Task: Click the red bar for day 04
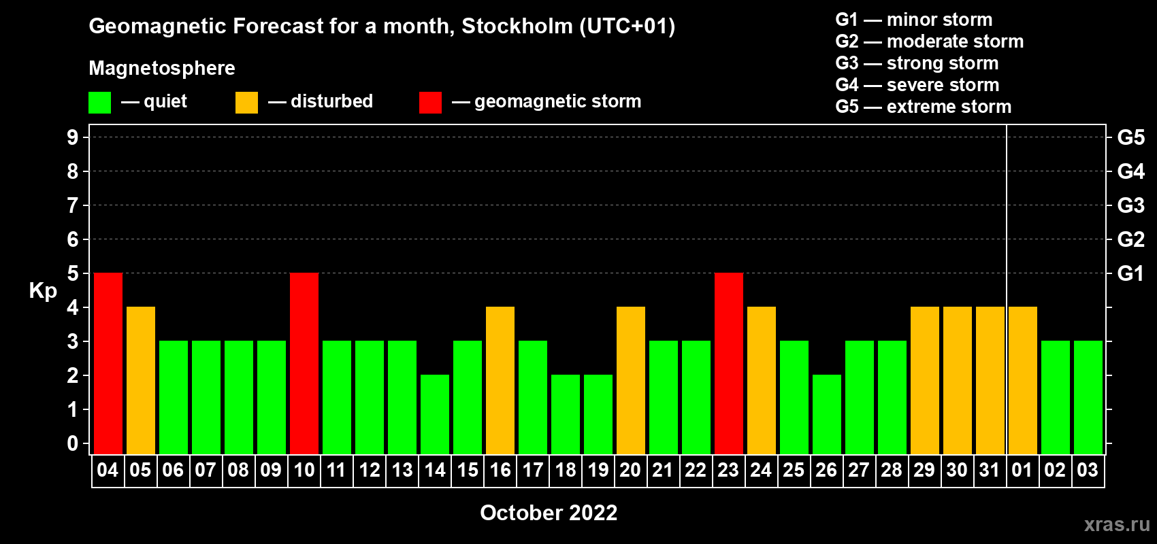point(108,363)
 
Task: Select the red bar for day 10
point(304,363)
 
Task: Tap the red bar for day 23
point(729,363)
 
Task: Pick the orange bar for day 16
point(500,380)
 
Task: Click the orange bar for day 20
point(631,380)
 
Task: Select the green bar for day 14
point(435,414)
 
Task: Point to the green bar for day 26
point(827,414)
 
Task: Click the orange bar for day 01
point(1023,380)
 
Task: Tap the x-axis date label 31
point(990,470)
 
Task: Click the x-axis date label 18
point(566,470)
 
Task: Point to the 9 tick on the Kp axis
point(72,137)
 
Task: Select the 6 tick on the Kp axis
point(72,239)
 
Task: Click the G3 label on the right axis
point(1131,205)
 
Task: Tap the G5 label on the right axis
point(1131,137)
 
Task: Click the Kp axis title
point(43,291)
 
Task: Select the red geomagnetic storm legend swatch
point(431,102)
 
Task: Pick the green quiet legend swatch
point(99,102)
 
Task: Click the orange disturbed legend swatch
point(246,102)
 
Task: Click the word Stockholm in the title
point(517,26)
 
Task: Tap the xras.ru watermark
point(1117,524)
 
